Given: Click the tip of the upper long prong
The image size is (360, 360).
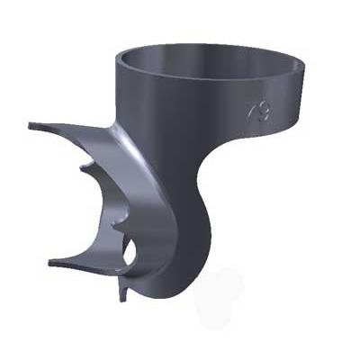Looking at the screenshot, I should (31, 126).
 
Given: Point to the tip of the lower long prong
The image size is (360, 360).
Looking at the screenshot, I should (49, 261).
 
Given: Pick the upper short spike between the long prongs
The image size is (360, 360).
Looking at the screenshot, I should (83, 166).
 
